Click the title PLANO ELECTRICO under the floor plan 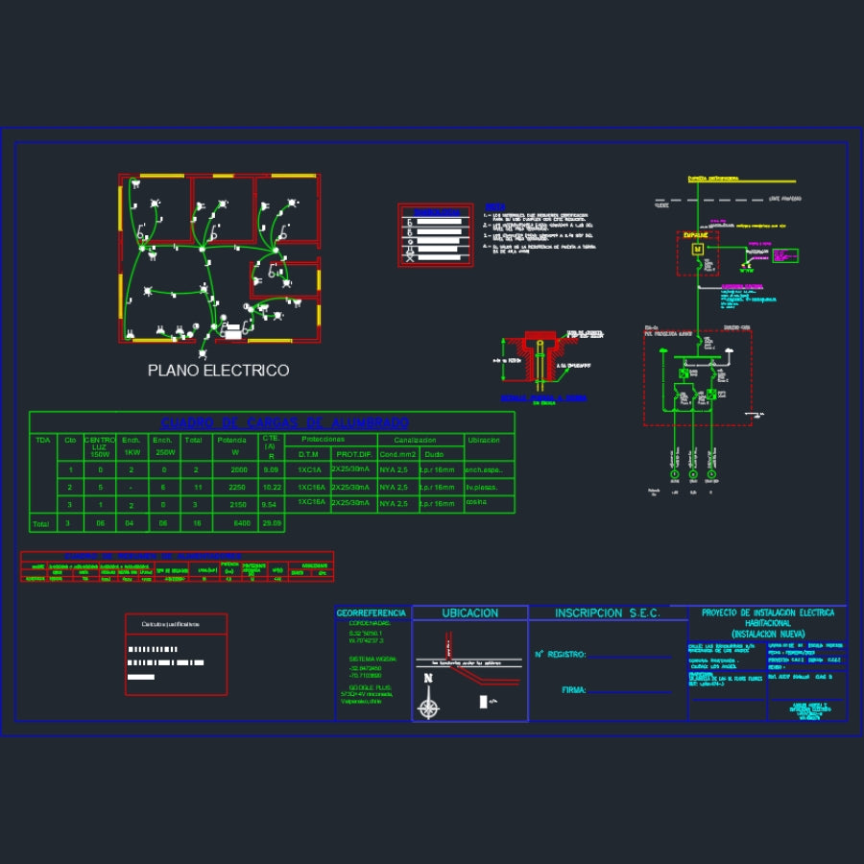(x=218, y=371)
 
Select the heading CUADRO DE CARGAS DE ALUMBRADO (x=284, y=422)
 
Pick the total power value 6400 (x=241, y=523)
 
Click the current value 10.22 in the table (x=272, y=488)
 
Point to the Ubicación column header (x=483, y=440)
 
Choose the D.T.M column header (x=308, y=453)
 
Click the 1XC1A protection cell (x=308, y=470)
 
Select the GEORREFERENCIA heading (x=372, y=612)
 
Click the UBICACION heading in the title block (x=469, y=612)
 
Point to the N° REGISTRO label (x=560, y=655)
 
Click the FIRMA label (x=574, y=689)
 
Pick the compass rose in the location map (x=429, y=709)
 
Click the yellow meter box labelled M (x=698, y=250)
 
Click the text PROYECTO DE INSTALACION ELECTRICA (x=768, y=612)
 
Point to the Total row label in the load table (x=40, y=524)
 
